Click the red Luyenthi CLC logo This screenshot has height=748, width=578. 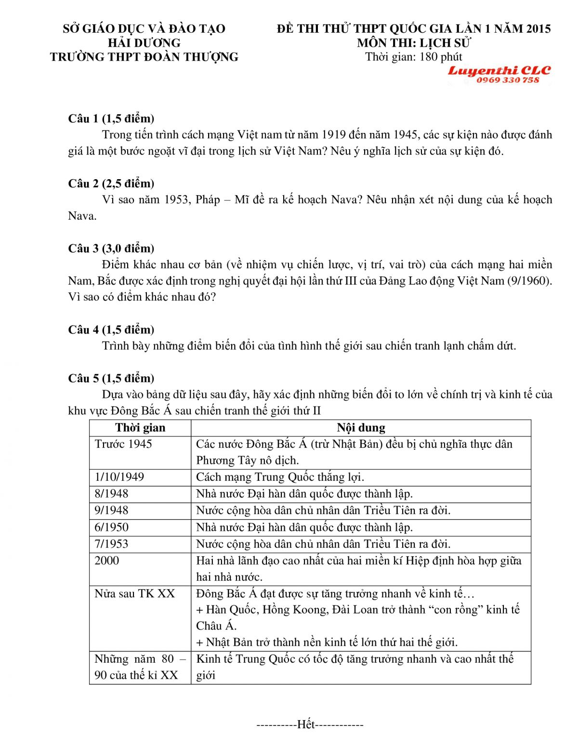[499, 71]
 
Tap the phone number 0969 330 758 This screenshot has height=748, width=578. [508, 80]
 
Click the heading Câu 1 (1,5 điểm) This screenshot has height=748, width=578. [111, 118]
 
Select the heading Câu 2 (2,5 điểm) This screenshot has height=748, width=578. [111, 184]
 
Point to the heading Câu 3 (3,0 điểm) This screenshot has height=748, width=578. [111, 249]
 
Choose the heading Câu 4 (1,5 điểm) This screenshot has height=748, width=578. [111, 330]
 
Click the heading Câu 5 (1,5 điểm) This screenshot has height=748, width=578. [111, 379]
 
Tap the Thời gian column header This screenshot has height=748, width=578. [140, 428]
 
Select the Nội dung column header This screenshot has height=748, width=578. [361, 428]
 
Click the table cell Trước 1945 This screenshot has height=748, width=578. [123, 444]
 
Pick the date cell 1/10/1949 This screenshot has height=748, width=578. [119, 477]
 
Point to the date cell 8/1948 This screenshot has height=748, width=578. [112, 494]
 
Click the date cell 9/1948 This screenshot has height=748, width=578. [112, 511]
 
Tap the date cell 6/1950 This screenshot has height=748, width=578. [112, 527]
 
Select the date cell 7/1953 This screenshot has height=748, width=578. [112, 544]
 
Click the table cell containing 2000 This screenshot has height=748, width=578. [106, 561]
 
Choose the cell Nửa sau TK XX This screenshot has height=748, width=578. [135, 594]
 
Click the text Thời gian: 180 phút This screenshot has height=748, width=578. [414, 57]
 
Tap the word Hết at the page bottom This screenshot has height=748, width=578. [306, 724]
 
